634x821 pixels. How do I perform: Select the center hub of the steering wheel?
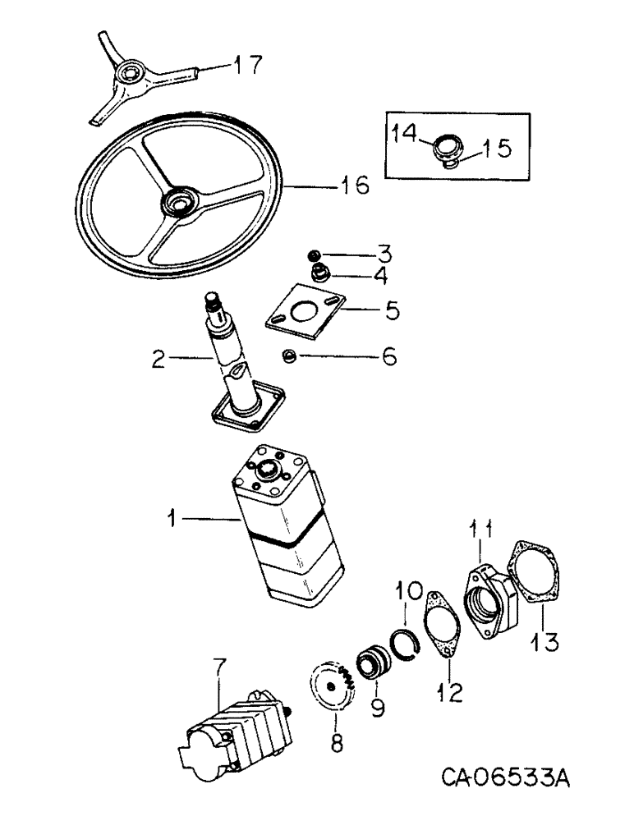(x=178, y=201)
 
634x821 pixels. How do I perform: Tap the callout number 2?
(x=160, y=357)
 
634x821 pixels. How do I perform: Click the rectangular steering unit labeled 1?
(x=287, y=525)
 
